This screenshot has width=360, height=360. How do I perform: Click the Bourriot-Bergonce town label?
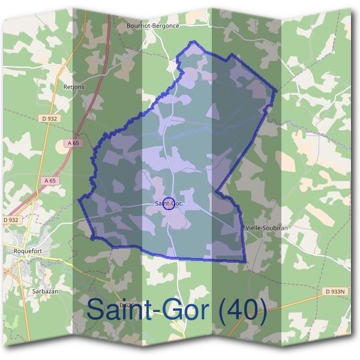(x=153, y=26)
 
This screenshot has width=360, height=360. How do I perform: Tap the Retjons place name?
(x=74, y=86)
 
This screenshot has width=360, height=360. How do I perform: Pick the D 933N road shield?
(x=337, y=292)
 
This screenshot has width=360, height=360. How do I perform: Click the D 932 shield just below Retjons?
(x=50, y=119)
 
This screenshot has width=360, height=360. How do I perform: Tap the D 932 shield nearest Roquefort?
(x=11, y=220)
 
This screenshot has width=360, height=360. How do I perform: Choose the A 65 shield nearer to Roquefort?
(x=50, y=180)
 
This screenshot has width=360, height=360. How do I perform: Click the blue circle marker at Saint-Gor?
(x=169, y=204)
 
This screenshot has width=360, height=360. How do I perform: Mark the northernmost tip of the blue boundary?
(x=193, y=41)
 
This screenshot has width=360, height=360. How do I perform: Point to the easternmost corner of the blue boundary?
(x=276, y=91)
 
